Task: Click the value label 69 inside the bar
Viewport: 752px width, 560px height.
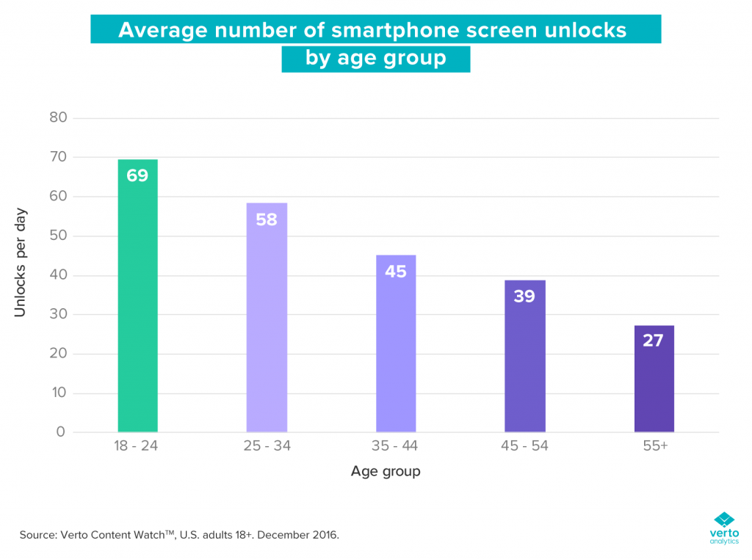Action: click(x=137, y=175)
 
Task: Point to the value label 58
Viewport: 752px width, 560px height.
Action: click(x=267, y=219)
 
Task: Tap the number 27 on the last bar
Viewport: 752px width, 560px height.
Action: click(x=654, y=341)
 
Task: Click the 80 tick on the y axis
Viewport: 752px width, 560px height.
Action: click(x=58, y=117)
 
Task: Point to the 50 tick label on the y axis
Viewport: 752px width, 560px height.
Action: click(x=58, y=236)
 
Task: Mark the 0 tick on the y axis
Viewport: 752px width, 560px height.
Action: click(x=62, y=432)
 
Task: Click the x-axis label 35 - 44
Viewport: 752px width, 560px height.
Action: click(x=396, y=446)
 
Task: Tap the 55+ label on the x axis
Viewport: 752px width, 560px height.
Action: click(x=654, y=446)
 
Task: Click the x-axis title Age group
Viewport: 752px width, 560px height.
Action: click(x=386, y=471)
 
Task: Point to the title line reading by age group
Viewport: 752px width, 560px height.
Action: click(x=375, y=58)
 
